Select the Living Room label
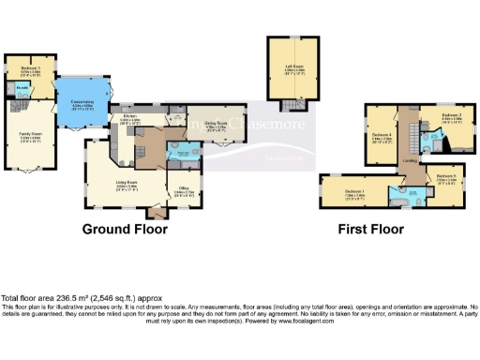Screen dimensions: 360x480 [x=127, y=183]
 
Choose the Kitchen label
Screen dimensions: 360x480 [x=129, y=117]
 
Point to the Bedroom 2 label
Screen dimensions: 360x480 [x=453, y=117]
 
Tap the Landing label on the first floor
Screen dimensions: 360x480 [x=409, y=161]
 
